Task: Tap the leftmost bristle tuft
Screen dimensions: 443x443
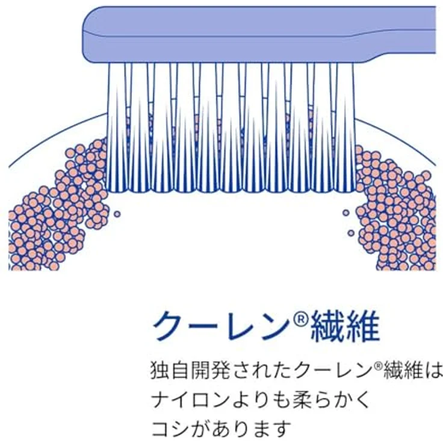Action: click(x=117, y=127)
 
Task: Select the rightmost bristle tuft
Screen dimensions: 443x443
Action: click(x=345, y=127)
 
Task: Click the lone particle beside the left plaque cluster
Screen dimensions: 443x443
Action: click(x=117, y=214)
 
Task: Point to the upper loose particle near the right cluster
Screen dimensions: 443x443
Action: click(x=346, y=212)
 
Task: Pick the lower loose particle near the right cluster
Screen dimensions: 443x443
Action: click(x=351, y=233)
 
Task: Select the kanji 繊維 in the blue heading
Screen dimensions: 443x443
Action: click(x=345, y=326)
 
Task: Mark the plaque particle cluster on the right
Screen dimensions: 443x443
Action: click(x=395, y=209)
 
